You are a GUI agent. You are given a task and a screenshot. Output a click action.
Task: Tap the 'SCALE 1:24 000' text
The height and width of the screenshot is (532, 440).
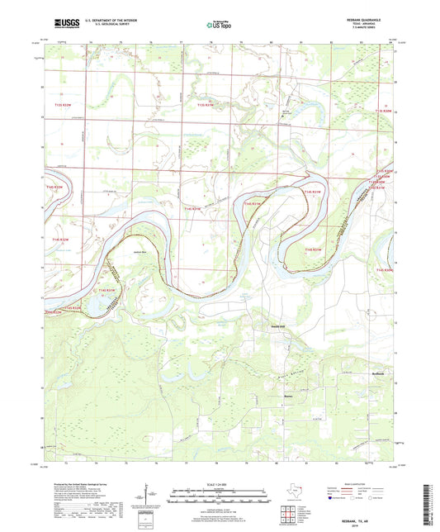coord(220,483)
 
